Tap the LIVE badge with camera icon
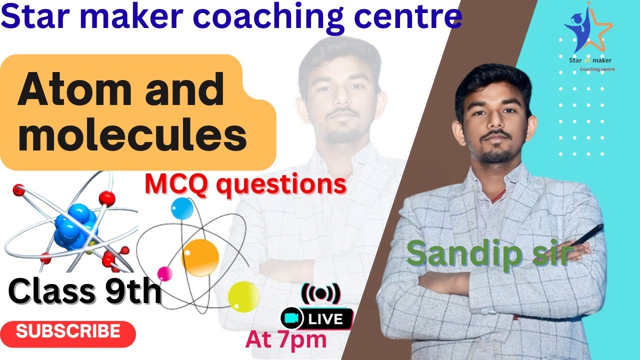317,318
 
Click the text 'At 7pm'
285,340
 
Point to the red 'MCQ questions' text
245,184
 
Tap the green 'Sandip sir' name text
488,253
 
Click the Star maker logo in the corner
588,37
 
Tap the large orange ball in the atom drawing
200,257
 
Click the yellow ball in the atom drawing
243,296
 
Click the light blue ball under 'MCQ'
181,207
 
